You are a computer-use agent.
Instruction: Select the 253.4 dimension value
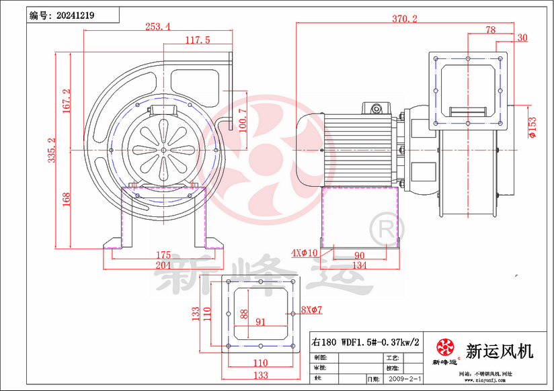point(158,27)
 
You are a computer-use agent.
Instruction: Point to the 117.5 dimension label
point(198,40)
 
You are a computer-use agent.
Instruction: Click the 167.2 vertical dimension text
point(66,101)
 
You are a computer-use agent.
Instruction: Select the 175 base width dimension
point(163,255)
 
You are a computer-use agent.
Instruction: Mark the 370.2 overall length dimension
point(404,19)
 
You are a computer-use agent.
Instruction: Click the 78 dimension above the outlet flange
point(490,30)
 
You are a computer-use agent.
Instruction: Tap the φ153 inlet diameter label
point(532,126)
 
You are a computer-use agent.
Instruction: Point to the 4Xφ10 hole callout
point(303,253)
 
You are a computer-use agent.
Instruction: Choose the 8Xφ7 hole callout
point(312,310)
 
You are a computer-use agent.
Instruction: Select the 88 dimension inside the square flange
point(243,314)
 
